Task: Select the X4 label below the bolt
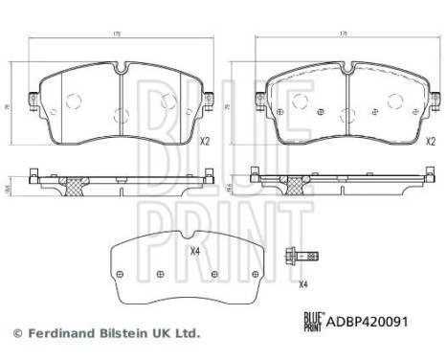coord(302,284)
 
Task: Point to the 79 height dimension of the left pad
coord(14,108)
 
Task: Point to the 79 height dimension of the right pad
coord(239,108)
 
